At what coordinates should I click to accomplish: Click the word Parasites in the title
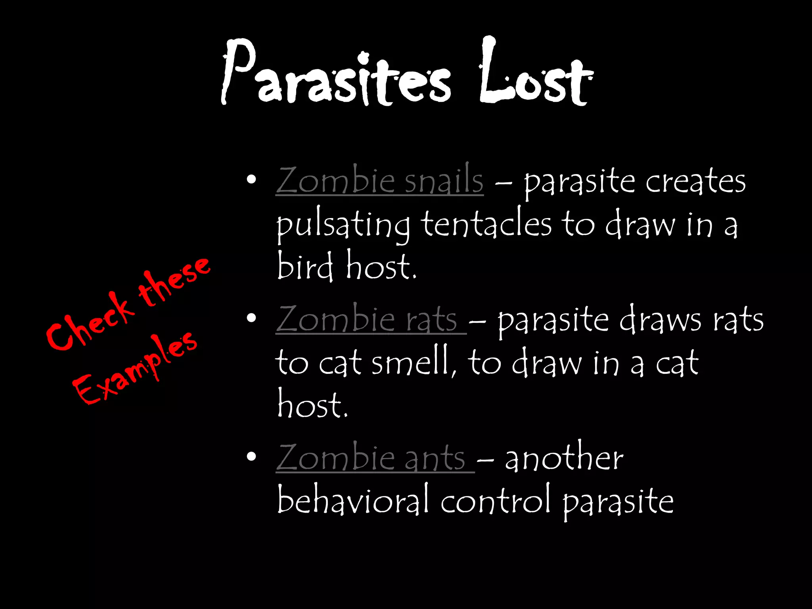coord(335,77)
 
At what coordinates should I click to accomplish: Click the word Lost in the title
coord(536,75)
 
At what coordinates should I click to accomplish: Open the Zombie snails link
coord(379,181)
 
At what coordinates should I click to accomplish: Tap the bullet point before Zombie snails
coord(251,180)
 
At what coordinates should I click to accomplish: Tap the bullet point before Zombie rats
coord(251,318)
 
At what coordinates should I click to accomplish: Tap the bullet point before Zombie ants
coord(251,457)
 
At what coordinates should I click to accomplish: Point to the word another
coord(564,458)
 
